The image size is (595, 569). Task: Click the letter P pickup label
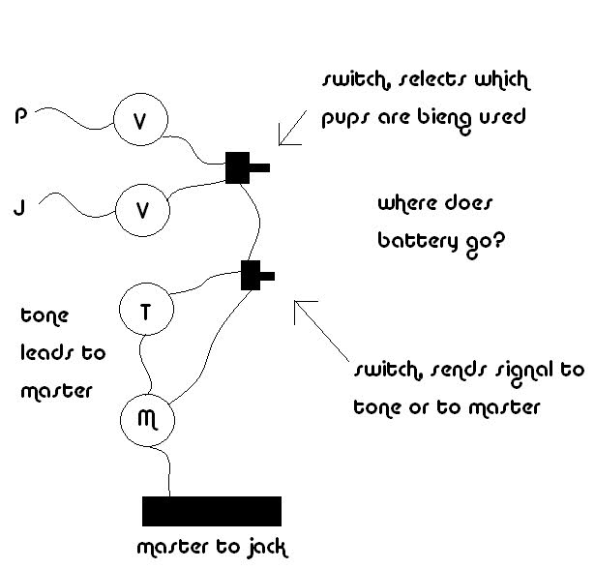coord(21,116)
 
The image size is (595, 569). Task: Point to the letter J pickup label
coord(19,208)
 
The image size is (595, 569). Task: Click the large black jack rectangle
coord(212,511)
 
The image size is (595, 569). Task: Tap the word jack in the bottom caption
coord(267,548)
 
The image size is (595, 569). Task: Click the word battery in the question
coord(417,241)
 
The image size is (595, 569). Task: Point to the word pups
coord(344,118)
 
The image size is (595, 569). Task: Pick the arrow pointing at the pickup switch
coord(292,128)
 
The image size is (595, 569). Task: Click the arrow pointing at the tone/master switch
coord(321,331)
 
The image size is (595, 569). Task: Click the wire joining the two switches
coord(258,222)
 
